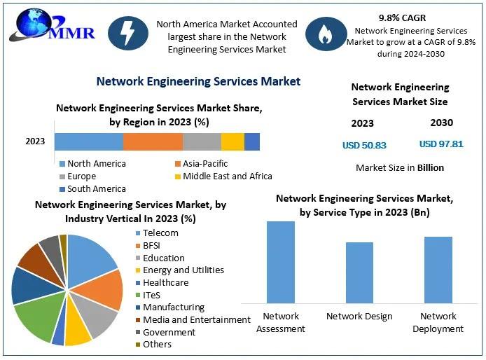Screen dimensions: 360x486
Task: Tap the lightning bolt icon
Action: pos(128,35)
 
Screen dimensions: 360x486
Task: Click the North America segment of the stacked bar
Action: pos(88,141)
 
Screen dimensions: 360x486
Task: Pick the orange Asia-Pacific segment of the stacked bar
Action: pos(153,141)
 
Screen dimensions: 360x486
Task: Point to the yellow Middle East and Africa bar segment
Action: pos(232,141)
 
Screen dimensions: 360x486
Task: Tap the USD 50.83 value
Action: pos(364,145)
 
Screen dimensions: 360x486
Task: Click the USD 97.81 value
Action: pos(441,144)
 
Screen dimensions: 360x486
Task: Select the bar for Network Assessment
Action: pos(281,262)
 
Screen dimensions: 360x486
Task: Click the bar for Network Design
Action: pos(359,272)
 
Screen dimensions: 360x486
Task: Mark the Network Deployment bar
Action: pos(438,270)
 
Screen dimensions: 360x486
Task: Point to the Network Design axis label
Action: pos(359,317)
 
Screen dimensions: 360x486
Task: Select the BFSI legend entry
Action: pos(151,245)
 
